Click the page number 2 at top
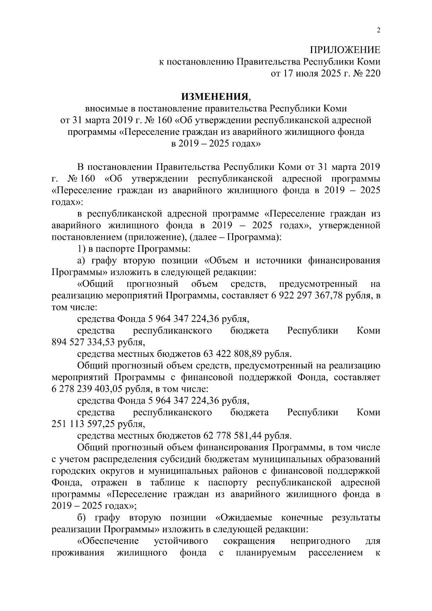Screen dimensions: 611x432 [378, 31]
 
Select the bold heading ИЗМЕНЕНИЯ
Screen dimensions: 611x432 [215, 96]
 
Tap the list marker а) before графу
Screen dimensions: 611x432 [81, 261]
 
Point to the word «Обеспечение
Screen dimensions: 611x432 [108, 541]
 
